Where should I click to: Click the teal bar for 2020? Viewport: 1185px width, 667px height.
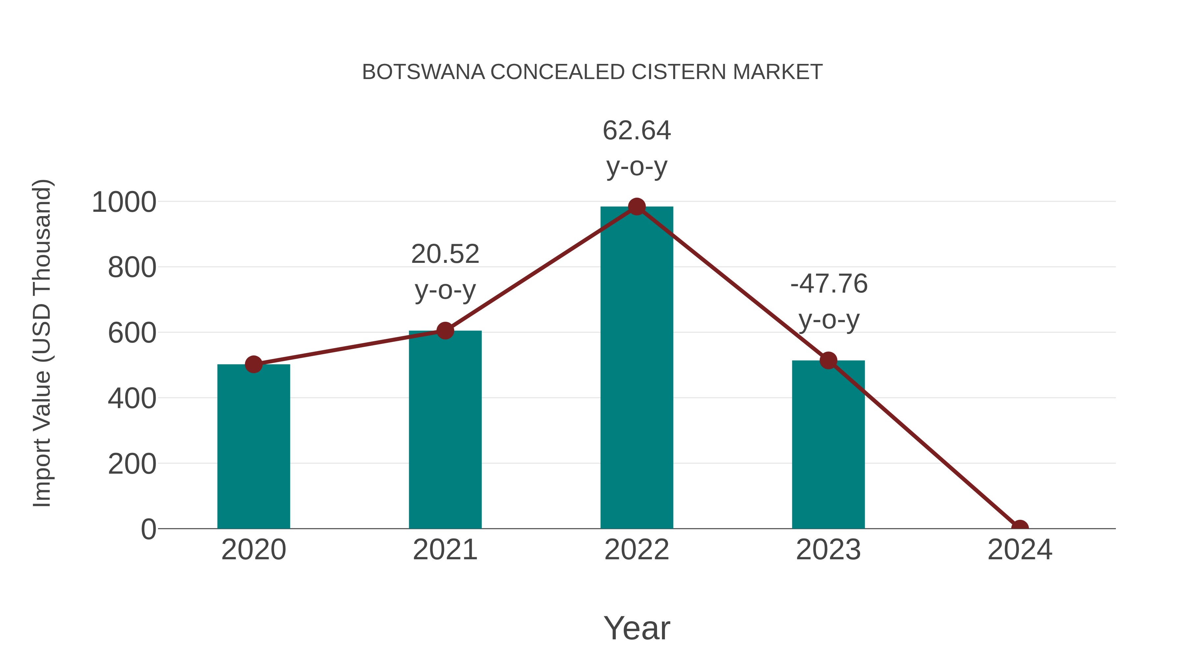pos(253,447)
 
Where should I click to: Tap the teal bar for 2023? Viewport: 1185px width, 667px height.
pos(828,444)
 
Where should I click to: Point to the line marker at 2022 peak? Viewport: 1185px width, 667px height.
pos(637,207)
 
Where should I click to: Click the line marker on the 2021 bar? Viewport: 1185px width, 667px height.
pos(445,330)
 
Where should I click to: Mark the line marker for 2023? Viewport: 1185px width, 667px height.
pos(828,360)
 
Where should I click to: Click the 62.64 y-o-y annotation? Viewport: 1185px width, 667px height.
pos(637,131)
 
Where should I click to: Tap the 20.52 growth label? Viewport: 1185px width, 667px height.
pos(445,254)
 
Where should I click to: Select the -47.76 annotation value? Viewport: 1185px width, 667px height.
pos(829,284)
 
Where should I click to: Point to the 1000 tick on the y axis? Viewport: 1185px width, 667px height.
pos(124,202)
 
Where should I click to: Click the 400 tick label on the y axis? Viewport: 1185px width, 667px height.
pos(132,399)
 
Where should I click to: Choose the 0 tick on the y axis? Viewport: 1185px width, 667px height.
pos(148,529)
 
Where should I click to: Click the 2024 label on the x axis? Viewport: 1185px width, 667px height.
pos(1019,550)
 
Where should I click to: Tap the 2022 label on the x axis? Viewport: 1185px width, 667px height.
pos(637,550)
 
